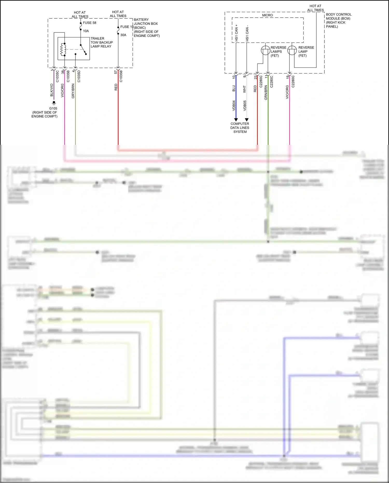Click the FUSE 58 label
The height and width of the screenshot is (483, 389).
coord(89,23)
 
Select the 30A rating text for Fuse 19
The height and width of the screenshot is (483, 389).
coord(123,35)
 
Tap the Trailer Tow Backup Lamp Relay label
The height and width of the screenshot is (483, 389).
coord(101,42)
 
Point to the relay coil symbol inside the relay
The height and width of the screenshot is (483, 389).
coord(62,50)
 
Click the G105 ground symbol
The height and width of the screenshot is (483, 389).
coord(54,103)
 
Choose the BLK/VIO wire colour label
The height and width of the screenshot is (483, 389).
coord(52,90)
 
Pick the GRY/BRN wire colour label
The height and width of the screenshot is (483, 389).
coord(73,91)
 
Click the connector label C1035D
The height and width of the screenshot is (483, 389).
coord(79,76)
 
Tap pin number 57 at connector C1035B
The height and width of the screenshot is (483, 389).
coord(116,72)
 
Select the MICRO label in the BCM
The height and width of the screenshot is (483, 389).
coord(267,15)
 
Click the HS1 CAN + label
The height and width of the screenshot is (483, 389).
coord(236,33)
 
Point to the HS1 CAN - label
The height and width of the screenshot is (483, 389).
coord(247,33)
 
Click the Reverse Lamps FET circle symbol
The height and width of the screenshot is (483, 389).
coord(266,50)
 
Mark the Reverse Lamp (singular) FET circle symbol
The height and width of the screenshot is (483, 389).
coord(292,50)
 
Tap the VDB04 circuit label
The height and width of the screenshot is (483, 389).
coord(234,106)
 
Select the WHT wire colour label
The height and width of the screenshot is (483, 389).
coord(244,89)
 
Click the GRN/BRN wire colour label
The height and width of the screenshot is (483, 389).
coord(266,93)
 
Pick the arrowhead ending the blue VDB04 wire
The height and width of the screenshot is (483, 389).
coord(236,119)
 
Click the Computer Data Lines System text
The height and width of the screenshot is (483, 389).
coord(240,128)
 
